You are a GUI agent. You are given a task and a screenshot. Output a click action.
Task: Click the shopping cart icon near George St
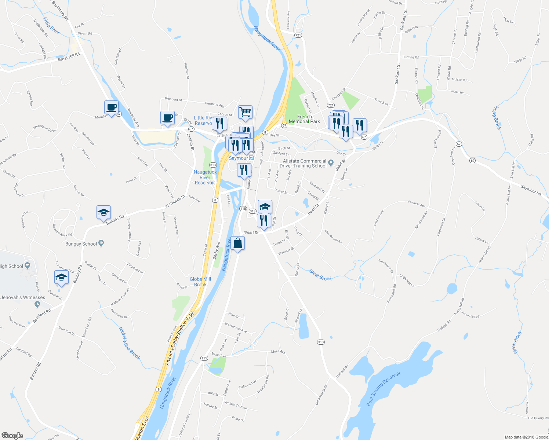click(x=245, y=112)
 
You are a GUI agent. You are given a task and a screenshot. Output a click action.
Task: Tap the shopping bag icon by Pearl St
click(x=238, y=243)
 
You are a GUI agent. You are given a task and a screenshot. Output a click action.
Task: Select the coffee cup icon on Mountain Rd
click(x=112, y=108)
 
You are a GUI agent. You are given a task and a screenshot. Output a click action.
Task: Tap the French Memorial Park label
click(x=304, y=119)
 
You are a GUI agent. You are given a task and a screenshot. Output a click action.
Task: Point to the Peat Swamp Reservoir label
click(x=383, y=389)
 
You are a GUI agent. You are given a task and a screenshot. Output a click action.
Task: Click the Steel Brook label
click(x=320, y=275)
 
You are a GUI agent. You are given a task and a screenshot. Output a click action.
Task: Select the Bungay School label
click(x=81, y=244)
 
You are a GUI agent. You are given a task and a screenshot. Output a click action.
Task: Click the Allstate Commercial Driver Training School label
click(x=305, y=164)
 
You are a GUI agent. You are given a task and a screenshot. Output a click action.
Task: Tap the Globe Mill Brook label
click(x=200, y=282)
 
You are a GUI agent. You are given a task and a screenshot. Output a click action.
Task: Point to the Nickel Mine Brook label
click(x=130, y=343)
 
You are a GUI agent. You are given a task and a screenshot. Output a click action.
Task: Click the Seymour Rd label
click(x=531, y=190)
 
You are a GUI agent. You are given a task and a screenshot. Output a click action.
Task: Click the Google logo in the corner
click(x=12, y=436)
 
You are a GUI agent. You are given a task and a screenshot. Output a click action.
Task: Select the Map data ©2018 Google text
click(x=526, y=437)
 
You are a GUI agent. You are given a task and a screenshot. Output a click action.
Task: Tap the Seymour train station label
click(x=239, y=158)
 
